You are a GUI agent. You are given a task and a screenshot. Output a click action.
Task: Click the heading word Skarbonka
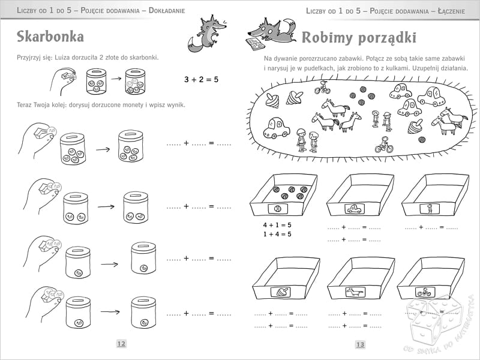[50, 37]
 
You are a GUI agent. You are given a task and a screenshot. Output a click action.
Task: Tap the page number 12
[121, 343]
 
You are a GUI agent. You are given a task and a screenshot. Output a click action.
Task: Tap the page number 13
[361, 344]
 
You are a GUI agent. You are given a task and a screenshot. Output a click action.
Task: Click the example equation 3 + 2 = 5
[201, 80]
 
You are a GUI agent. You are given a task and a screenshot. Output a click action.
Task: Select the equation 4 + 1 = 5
[277, 225]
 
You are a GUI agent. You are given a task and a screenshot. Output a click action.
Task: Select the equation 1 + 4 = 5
[277, 234]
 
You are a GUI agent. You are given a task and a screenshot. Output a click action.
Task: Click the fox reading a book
[271, 34]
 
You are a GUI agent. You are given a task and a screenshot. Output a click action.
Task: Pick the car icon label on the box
[355, 209]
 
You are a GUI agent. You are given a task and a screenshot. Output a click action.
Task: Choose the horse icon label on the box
[355, 292]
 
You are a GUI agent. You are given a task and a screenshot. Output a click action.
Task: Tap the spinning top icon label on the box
[281, 292]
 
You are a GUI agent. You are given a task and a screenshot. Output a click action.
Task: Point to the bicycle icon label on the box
[425, 292]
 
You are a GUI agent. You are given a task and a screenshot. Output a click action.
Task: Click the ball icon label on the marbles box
[278, 209]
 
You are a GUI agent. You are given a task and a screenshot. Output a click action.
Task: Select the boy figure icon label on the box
[430, 209]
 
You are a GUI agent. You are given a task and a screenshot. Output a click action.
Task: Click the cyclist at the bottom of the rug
[384, 145]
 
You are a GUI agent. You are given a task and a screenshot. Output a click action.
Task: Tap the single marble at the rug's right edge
[422, 140]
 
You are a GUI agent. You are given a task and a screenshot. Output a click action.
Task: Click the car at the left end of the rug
[277, 128]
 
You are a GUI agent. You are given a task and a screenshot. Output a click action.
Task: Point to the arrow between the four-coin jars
[103, 149]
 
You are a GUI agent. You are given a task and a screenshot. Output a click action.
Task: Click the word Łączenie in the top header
[451, 11]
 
